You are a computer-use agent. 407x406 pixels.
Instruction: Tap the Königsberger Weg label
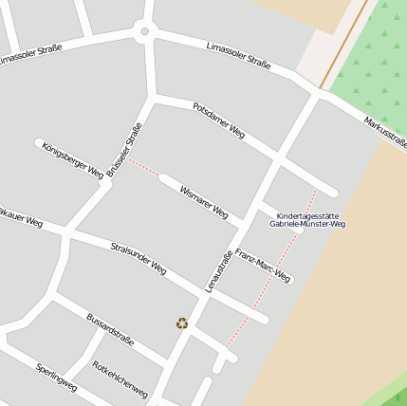[x=72, y=160]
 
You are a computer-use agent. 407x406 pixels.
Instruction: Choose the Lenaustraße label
[x=219, y=270]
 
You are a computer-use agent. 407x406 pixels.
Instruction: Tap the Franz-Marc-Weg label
[x=263, y=266]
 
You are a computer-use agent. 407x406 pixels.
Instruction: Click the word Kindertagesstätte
[x=307, y=215]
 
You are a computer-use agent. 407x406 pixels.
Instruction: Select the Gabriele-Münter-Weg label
[x=307, y=225]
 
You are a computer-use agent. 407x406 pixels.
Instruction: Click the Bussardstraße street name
[x=110, y=329]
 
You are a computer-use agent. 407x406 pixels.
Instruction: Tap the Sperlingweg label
[x=56, y=377]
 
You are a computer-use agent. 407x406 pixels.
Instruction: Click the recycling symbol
[x=182, y=323]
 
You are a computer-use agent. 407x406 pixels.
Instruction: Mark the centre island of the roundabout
[x=144, y=31]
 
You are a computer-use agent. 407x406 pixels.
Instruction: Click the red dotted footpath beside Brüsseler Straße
[x=144, y=167]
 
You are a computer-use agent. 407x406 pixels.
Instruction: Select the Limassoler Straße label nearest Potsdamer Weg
[x=238, y=56]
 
